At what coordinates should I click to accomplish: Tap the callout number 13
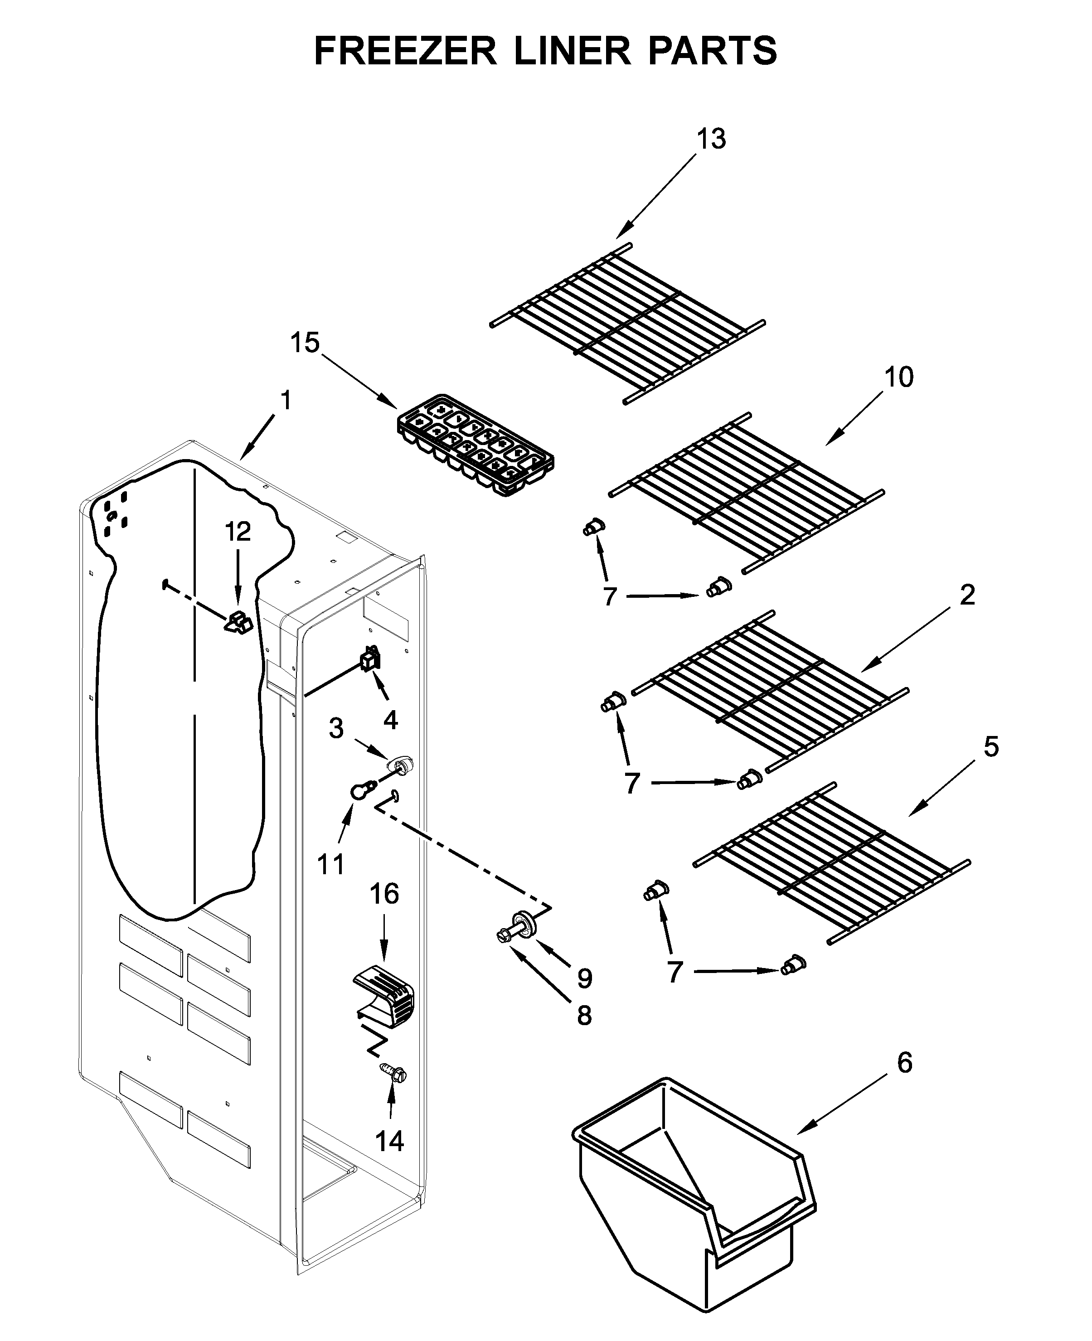711,139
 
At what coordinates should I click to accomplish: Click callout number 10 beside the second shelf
898,378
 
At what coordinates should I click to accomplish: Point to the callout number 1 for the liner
286,400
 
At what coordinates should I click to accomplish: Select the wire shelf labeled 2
771,692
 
